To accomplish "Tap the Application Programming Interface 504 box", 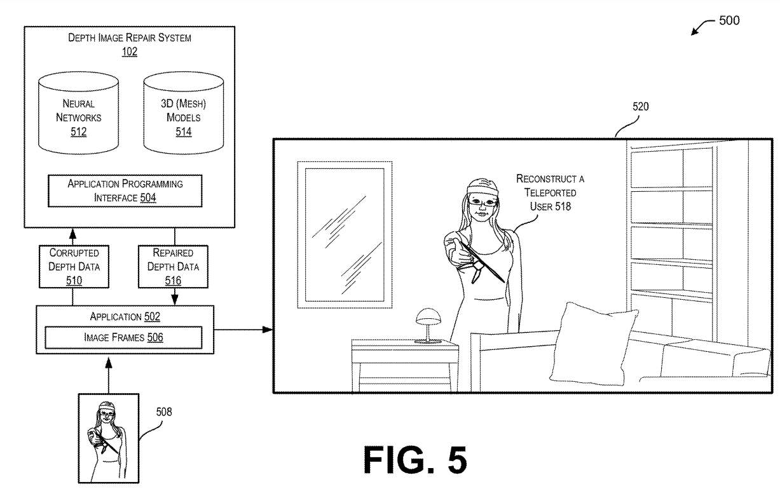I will click(125, 191).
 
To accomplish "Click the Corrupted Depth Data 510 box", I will click(74, 266).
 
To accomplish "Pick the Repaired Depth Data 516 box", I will click(173, 266).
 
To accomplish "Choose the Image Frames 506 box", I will click(123, 337).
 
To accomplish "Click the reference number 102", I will click(130, 51).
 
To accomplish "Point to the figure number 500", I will click(729, 20).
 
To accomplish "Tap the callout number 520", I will click(640, 107).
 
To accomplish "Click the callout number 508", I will click(164, 412).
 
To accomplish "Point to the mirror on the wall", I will click(343, 233).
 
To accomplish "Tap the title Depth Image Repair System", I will click(130, 37).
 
